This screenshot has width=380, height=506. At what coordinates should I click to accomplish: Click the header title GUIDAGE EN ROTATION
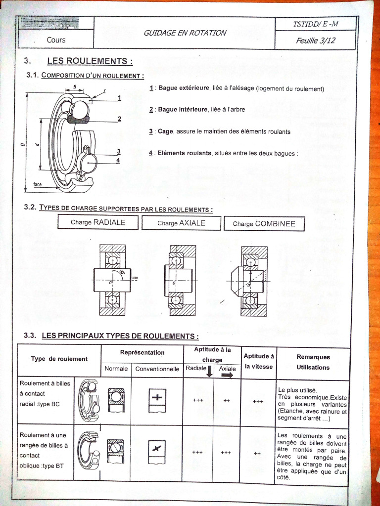tap(185, 33)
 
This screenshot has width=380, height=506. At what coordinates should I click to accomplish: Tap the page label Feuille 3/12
tap(315, 41)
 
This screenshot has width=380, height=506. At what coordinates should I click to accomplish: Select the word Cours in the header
tap(56, 40)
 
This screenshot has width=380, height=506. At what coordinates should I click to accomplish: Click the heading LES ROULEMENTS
tap(90, 61)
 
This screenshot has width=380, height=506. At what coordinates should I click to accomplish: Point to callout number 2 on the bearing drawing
tap(119, 119)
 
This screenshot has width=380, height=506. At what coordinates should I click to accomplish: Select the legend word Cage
tap(165, 132)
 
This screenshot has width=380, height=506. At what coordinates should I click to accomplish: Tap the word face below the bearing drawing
tap(38, 184)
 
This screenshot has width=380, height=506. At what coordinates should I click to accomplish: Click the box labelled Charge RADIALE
tap(98, 223)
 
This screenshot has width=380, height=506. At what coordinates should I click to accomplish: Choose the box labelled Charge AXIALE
tap(181, 223)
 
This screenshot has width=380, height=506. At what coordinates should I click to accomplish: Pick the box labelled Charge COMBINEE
tap(264, 224)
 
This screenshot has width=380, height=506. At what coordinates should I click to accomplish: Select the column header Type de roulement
tap(59, 359)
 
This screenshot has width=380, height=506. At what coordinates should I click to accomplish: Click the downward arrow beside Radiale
tap(209, 371)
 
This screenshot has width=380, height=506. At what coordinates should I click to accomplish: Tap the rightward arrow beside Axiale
tap(227, 376)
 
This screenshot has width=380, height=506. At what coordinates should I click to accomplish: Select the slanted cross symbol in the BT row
tap(157, 449)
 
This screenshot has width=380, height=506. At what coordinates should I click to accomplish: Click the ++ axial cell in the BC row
tap(227, 401)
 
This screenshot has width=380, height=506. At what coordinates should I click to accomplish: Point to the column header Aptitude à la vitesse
tap(259, 361)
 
